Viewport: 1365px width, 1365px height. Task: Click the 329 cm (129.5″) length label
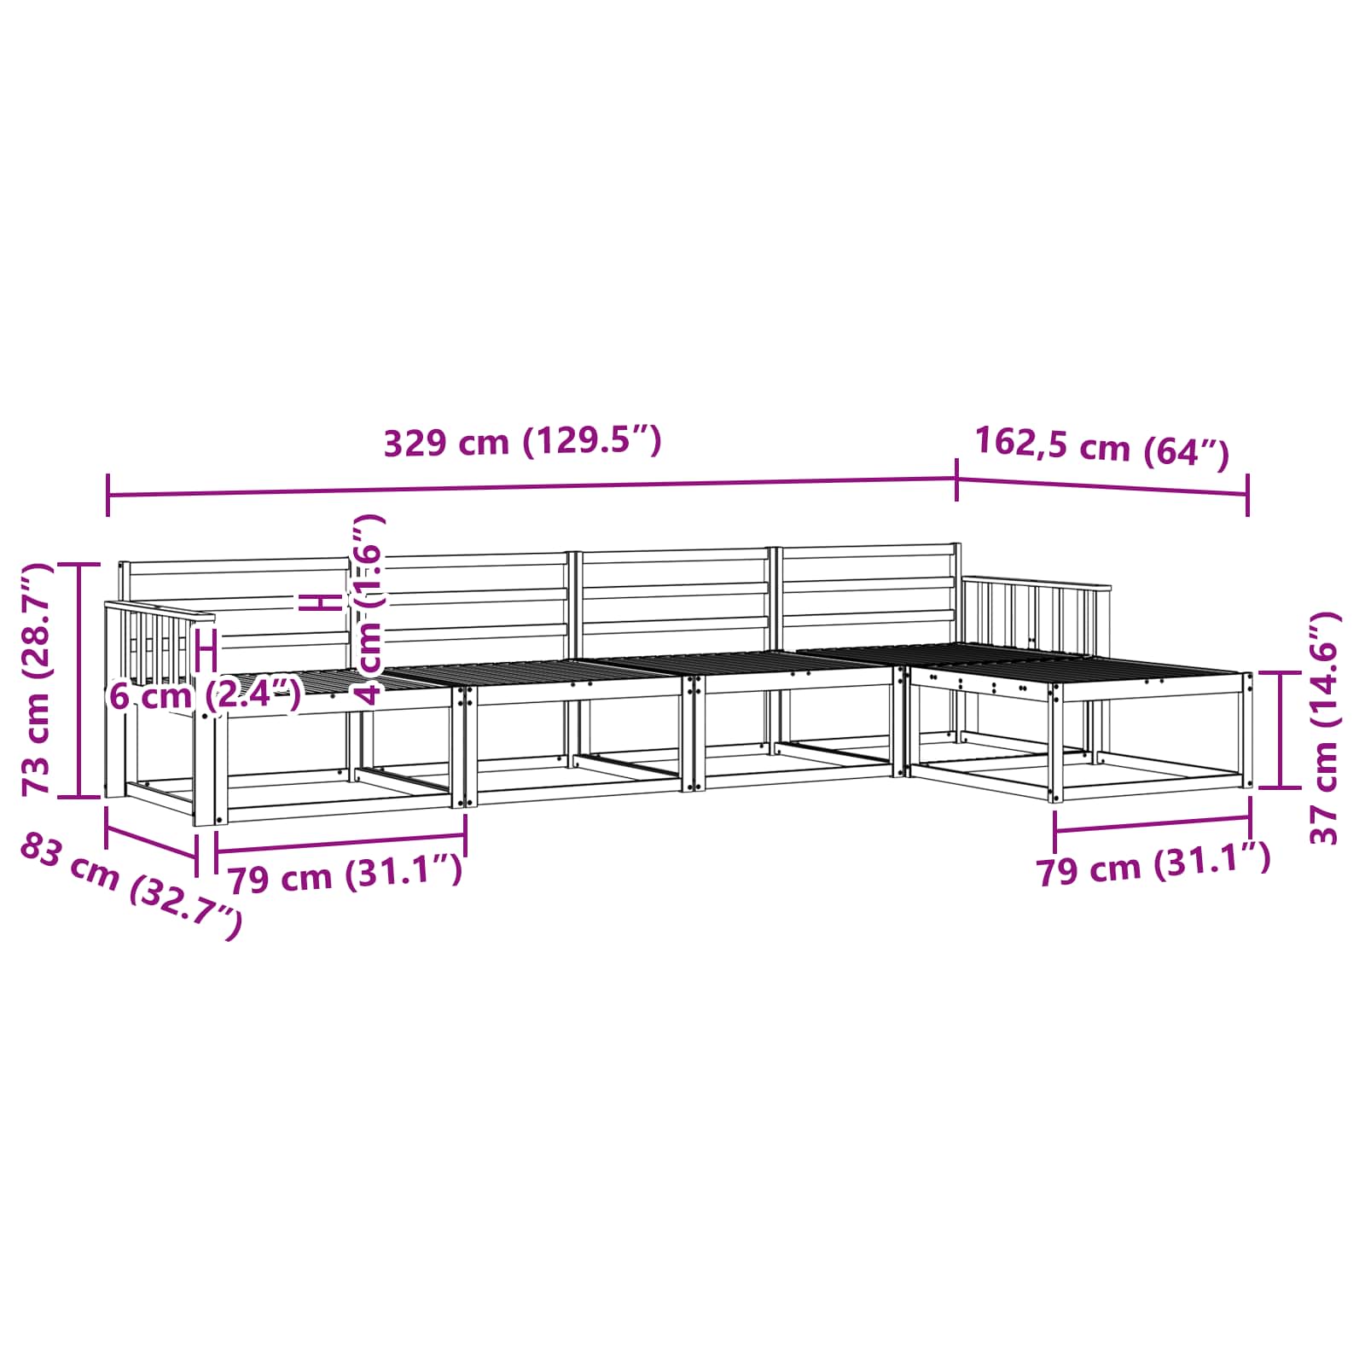tap(522, 442)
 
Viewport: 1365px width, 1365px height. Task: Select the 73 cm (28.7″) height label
tap(38, 679)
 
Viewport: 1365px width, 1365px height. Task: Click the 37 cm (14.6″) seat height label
tap(1325, 728)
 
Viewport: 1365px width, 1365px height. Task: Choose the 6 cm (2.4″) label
tap(205, 695)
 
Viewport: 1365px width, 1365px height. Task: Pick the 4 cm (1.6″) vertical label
tap(369, 608)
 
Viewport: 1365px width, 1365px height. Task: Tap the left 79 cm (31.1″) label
tap(346, 874)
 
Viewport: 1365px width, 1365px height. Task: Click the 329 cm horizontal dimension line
tap(532, 488)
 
